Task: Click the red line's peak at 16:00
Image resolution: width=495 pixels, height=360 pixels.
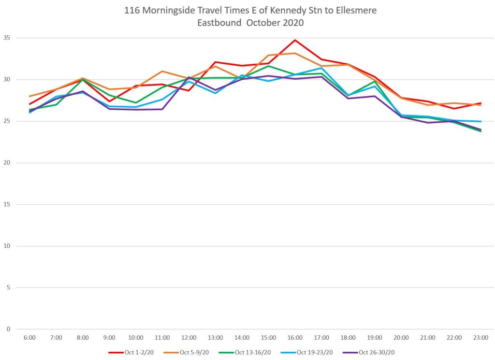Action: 295,40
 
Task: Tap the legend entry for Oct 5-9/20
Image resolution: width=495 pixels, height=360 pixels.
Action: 192,352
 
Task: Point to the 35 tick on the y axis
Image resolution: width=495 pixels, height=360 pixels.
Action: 7,38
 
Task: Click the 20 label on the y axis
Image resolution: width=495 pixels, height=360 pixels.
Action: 7,163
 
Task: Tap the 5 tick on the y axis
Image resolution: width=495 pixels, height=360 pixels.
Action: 8,288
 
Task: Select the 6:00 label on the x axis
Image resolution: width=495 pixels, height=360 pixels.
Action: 29,338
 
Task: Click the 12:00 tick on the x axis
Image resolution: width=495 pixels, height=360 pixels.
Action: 189,338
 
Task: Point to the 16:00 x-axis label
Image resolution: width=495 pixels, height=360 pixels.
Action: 295,338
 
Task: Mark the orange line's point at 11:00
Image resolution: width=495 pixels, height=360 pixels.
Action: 162,71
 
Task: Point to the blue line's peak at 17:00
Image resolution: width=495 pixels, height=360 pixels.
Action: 321,68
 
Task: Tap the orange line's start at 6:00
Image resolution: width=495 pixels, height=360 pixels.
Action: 29,96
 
